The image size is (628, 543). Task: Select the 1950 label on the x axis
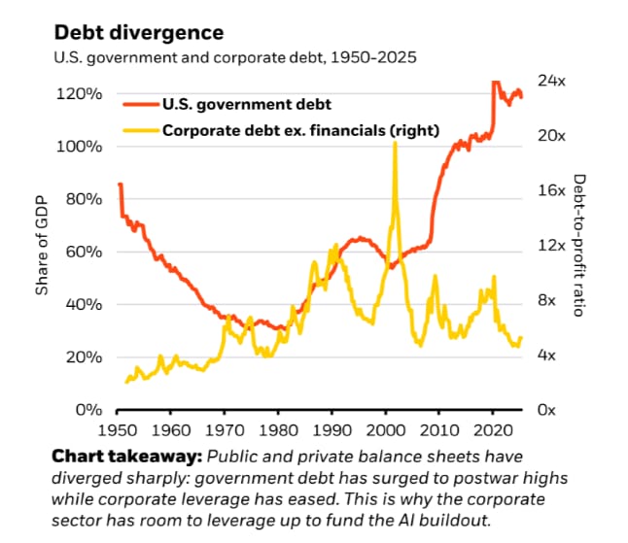[x=117, y=429]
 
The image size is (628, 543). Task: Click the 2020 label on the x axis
[x=493, y=429]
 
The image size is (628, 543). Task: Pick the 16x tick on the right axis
[x=552, y=190]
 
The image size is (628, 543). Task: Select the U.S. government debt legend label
[x=246, y=104]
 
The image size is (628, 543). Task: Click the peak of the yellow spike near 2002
[x=395, y=144]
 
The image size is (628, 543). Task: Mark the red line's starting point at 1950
[x=119, y=185]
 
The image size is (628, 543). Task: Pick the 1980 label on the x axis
[x=278, y=429]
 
